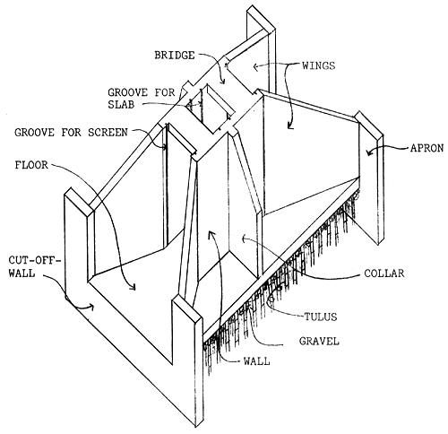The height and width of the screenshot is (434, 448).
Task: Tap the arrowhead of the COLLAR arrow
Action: [x=243, y=240]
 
